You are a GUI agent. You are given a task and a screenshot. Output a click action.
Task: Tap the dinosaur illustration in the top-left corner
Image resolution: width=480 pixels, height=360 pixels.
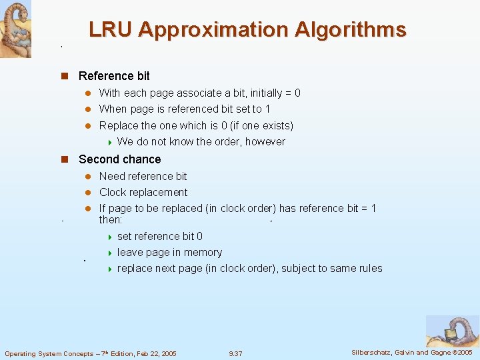(15, 28)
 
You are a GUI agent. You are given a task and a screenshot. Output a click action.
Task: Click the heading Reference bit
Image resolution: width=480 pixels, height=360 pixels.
(114, 76)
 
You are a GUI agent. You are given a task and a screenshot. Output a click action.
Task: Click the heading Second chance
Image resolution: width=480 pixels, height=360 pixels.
(119, 159)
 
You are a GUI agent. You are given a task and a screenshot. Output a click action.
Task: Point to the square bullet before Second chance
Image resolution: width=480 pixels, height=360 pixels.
(65, 159)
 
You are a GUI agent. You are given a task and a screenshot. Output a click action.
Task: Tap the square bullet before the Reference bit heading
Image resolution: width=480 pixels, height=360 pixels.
(65, 76)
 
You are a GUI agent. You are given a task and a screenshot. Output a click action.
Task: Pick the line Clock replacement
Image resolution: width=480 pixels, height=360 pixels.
(143, 192)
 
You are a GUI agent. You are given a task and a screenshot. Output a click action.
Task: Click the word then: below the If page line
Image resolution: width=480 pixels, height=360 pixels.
(111, 219)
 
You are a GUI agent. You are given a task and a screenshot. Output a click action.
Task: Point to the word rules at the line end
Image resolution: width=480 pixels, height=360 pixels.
(369, 268)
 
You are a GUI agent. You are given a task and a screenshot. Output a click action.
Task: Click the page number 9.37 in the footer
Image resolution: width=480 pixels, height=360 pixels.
(235, 353)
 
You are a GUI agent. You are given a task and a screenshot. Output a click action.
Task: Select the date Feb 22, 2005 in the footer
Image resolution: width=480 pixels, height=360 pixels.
(153, 353)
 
